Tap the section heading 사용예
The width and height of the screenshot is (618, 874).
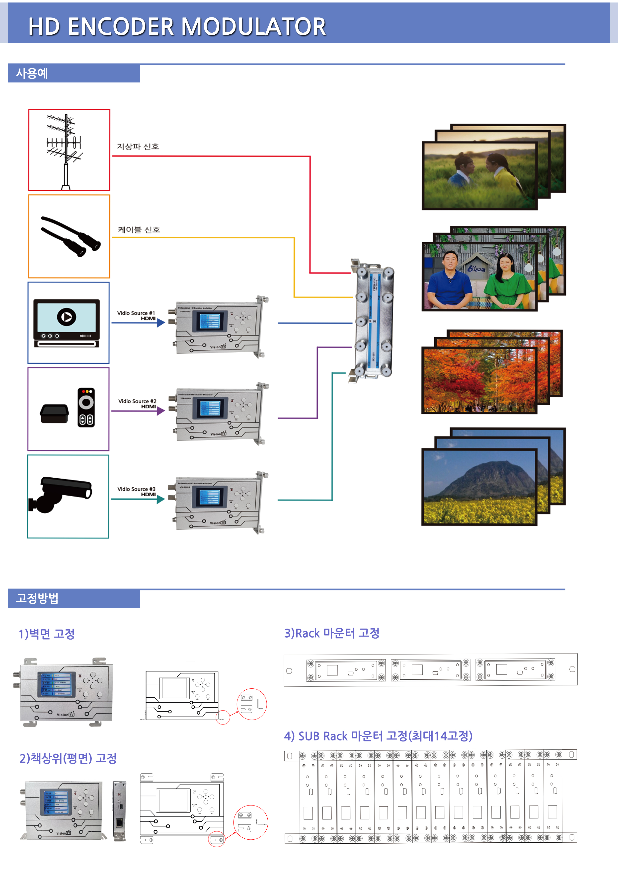coord(32,73)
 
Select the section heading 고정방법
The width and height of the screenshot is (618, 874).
coord(37,598)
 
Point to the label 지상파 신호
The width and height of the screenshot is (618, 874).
coord(138,146)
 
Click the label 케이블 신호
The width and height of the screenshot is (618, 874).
coord(139,229)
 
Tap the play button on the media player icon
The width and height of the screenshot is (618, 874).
coord(67,317)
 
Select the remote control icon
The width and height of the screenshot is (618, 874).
coord(86,407)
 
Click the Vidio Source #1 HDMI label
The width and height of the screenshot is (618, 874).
coord(136,316)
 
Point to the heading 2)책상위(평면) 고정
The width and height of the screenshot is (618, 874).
coord(68,758)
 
